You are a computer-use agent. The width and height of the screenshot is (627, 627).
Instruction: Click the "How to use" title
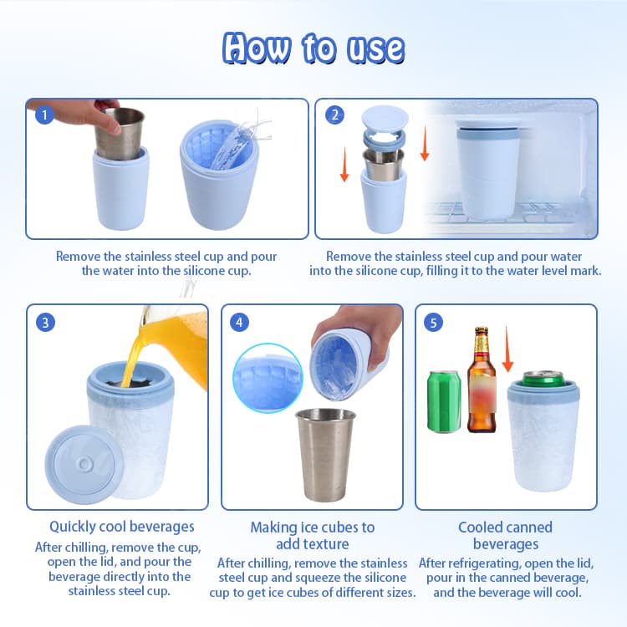click(313, 49)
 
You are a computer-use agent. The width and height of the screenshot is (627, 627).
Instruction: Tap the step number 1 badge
click(44, 116)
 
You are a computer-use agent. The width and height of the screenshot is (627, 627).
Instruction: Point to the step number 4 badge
click(241, 323)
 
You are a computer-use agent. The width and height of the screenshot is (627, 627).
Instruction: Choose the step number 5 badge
click(434, 323)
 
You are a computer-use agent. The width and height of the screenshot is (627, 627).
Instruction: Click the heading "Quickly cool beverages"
click(122, 527)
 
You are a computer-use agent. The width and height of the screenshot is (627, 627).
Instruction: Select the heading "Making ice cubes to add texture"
click(313, 536)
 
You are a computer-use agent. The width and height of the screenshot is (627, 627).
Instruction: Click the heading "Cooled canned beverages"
click(505, 536)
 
